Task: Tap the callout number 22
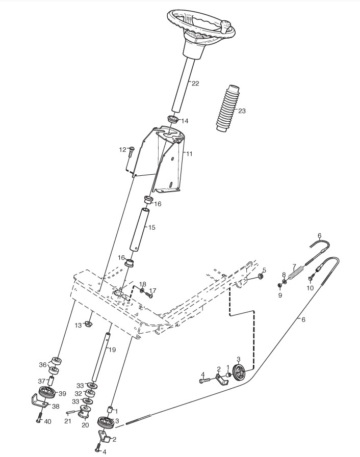click(195, 84)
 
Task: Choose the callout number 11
click(189, 153)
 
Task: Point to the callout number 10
click(310, 288)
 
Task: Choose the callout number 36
click(43, 364)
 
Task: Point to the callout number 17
click(152, 291)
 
